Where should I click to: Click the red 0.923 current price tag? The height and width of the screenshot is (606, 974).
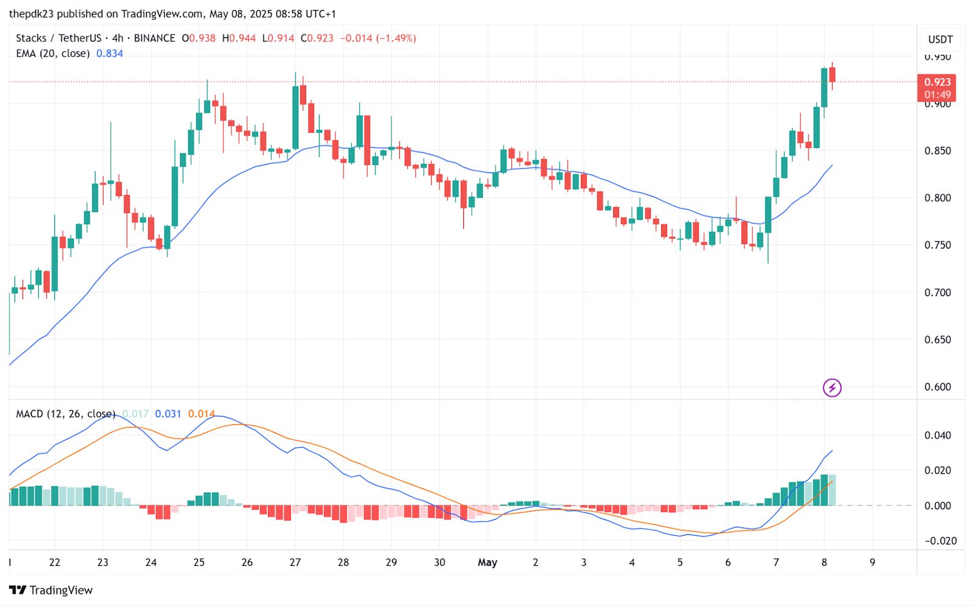point(936,82)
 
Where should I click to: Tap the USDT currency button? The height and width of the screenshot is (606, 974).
point(940,40)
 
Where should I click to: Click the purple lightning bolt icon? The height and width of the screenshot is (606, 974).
point(832,387)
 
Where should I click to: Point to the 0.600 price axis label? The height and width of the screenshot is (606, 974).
point(937,387)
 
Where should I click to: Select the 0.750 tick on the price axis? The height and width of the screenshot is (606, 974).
point(937,245)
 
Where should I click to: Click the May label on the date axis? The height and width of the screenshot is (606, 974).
point(487,562)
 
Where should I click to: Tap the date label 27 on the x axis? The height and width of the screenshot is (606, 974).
point(295,562)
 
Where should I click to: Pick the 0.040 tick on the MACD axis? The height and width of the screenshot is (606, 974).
point(937,435)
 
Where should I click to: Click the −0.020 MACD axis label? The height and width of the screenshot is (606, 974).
point(941,541)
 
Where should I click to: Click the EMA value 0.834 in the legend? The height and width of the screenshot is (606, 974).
point(110,54)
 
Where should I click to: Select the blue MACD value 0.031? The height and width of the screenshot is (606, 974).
point(168,414)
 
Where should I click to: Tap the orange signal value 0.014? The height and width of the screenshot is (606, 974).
point(201,414)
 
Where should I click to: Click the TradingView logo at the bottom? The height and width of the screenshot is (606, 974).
point(51,590)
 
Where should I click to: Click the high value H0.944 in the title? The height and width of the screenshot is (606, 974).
point(239,38)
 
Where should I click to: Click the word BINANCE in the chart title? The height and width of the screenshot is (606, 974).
point(154,38)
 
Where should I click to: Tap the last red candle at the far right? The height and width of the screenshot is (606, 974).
point(832,74)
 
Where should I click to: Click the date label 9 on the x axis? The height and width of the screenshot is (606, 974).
point(872,562)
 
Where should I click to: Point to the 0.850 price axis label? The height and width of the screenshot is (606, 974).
point(937,150)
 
